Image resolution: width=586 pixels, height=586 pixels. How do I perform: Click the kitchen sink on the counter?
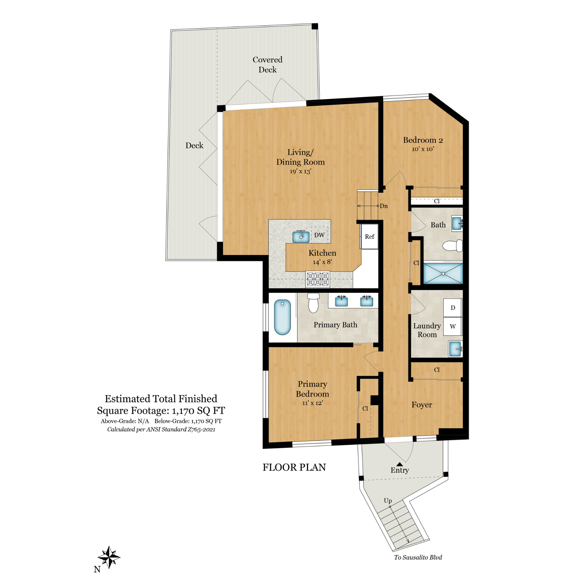(x=301, y=237)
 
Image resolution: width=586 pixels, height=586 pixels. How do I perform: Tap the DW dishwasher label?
(x=319, y=235)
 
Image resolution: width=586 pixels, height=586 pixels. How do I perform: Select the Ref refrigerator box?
(x=369, y=236)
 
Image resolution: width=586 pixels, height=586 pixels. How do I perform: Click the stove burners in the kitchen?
(x=318, y=279)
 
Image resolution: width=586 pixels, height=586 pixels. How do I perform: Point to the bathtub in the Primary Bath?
(x=282, y=317)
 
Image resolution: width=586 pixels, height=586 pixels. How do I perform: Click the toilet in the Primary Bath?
(x=313, y=302)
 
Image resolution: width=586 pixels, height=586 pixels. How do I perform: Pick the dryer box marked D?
(x=453, y=308)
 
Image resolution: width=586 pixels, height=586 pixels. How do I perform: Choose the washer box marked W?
(x=453, y=326)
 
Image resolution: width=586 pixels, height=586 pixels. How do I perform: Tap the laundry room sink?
(x=455, y=349)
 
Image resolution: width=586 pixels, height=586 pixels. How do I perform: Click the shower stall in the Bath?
(x=443, y=274)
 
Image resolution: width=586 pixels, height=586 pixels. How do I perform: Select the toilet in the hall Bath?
(x=453, y=246)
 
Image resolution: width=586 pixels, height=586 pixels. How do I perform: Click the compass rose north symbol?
(x=109, y=557)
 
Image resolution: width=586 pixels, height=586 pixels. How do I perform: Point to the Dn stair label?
(x=384, y=206)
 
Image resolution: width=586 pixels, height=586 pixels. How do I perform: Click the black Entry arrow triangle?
(x=399, y=464)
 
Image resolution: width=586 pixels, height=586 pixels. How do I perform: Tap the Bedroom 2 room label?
(x=423, y=140)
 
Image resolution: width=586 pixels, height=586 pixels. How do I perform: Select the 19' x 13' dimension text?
(x=300, y=171)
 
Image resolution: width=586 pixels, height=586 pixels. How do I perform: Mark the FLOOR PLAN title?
(x=294, y=467)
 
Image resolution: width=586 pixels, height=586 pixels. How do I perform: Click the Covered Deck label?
(x=267, y=64)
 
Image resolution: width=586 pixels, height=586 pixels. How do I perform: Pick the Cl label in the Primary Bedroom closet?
(x=365, y=408)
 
